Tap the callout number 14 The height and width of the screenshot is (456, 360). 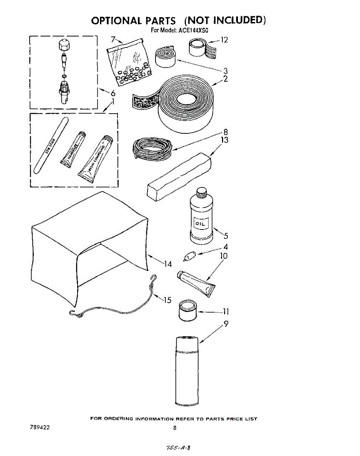click(x=168, y=264)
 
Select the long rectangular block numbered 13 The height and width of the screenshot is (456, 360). click(x=178, y=175)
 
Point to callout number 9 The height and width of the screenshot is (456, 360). click(x=226, y=324)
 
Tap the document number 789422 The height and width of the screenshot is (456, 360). click(x=39, y=427)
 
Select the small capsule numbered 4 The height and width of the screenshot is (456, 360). click(x=189, y=257)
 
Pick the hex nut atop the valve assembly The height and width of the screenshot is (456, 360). click(x=63, y=45)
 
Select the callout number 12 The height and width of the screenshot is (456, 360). click(x=224, y=39)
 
